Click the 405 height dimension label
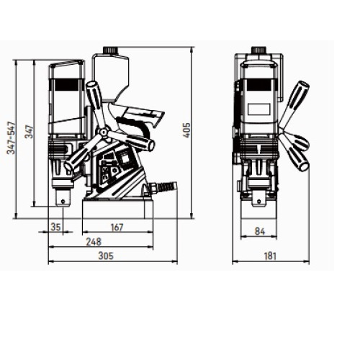coord(186,130)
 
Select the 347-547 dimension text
coord(12,138)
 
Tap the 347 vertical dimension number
coord(30,131)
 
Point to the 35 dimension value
coord(56,226)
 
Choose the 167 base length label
coord(117,227)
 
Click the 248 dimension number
coord(94,242)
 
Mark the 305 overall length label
coord(106,256)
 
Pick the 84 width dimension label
coord(260,231)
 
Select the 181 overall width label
coord(270,256)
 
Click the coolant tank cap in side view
coord(110,50)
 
